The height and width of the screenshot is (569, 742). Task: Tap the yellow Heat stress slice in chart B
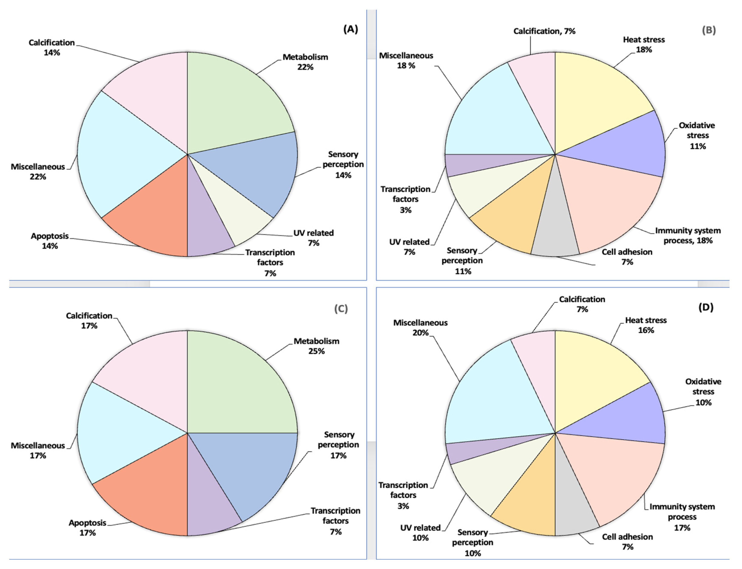pyautogui.click(x=596, y=98)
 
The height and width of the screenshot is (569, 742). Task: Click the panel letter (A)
pyautogui.click(x=350, y=30)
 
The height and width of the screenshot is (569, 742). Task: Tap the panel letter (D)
pyautogui.click(x=706, y=307)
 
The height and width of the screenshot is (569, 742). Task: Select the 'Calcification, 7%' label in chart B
pyautogui.click(x=544, y=31)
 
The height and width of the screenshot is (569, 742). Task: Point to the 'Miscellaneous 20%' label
pyautogui.click(x=420, y=328)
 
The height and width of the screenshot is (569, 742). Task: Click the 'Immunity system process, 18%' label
pyautogui.click(x=688, y=235)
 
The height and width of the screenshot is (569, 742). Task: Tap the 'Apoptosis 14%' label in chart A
pyautogui.click(x=50, y=241)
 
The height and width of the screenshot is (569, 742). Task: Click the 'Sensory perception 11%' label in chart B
pyautogui.click(x=462, y=261)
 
